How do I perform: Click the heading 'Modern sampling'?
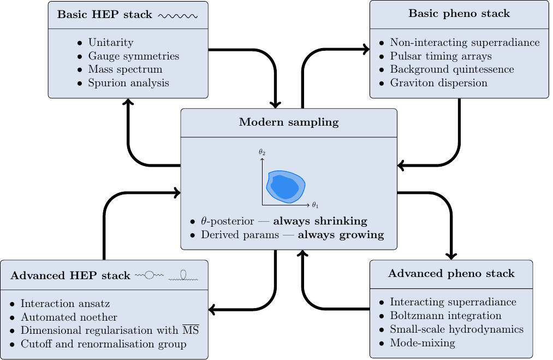[288, 122]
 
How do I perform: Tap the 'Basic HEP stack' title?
[105, 15]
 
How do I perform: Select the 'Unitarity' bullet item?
[110, 43]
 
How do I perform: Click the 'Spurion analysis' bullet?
[128, 83]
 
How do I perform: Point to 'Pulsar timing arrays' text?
[441, 56]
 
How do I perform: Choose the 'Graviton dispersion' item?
[438, 83]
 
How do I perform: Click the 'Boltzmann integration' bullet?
[445, 316]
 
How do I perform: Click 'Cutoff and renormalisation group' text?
[104, 344]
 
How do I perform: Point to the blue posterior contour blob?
[286, 186]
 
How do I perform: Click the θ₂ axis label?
[262, 152]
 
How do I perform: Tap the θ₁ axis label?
[315, 205]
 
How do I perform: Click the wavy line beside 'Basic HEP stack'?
[177, 16]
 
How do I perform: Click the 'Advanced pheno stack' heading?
[451, 273]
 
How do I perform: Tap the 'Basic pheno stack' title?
[459, 14]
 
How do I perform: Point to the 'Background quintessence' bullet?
[451, 69]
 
